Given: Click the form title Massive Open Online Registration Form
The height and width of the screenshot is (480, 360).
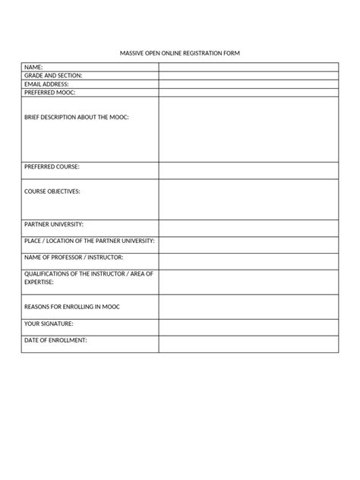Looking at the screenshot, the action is [180, 53].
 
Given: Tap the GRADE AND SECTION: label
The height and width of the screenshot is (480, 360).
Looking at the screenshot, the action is [54, 76].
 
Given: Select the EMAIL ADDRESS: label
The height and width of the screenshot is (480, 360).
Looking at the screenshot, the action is [47, 84].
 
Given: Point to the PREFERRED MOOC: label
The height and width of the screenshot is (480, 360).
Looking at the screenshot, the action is [50, 93].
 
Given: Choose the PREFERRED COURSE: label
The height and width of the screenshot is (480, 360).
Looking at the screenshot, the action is [52, 166].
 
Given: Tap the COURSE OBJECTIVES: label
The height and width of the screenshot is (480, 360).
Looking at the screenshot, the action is [52, 191].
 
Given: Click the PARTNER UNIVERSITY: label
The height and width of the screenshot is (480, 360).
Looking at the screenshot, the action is [55, 225].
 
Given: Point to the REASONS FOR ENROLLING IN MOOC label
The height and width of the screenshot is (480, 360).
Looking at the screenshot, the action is [73, 306].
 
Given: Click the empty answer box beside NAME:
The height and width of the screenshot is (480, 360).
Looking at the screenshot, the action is [248, 68].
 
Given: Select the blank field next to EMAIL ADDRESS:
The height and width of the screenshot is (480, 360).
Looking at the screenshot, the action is [248, 84].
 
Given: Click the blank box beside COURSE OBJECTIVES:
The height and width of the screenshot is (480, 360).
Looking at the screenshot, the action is [248, 199].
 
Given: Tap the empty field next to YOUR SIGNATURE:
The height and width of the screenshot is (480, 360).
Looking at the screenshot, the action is [248, 327].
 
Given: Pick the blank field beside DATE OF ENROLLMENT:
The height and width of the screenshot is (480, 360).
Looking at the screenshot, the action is [248, 344].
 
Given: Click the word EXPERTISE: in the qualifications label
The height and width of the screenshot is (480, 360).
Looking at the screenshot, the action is [39, 281].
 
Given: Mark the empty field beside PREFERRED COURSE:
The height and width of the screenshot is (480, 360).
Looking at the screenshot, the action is [248, 170].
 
